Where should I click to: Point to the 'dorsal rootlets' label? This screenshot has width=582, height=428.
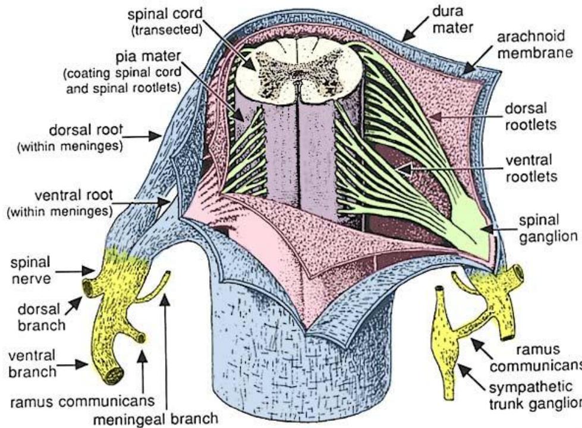tap(533, 117)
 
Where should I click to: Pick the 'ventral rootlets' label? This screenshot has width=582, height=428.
tap(533, 168)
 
